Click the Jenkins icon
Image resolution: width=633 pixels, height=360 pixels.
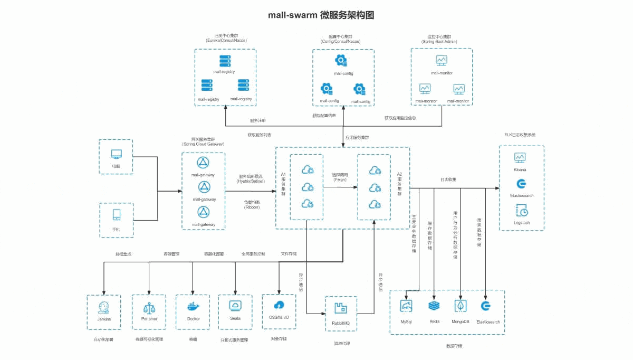104,307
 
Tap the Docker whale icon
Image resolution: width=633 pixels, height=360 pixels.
193,306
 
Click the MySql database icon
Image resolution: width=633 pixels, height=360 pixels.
406,306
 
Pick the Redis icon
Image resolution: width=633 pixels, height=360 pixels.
434,306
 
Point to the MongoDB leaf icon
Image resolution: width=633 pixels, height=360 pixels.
461,306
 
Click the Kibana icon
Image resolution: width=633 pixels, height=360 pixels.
520,157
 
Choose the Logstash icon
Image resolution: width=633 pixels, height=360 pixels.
521,211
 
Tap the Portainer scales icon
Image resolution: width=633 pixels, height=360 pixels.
149,307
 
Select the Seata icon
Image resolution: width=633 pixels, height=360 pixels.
235,306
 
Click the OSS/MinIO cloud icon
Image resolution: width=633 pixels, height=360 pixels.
279,305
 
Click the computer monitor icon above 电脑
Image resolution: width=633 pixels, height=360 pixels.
116,154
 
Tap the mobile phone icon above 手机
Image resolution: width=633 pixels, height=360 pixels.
116,214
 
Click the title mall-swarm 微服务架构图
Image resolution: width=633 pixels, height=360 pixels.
321,15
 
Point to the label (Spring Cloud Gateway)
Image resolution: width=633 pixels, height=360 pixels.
203,144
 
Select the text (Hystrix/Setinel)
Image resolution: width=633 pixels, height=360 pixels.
251,181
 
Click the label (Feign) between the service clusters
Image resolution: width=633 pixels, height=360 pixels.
340,180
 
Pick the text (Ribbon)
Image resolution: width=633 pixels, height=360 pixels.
252,207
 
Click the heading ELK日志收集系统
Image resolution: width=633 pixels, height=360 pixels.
520,135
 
